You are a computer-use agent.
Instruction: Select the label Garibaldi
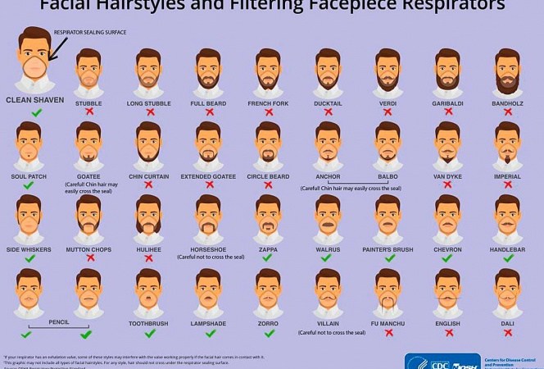(x=447, y=102)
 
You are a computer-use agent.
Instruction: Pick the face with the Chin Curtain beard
(x=148, y=144)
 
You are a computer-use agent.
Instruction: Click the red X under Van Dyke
(x=447, y=184)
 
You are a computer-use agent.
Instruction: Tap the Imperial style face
(x=507, y=144)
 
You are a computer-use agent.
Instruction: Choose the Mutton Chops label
(x=88, y=248)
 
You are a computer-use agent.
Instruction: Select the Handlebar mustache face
(x=507, y=217)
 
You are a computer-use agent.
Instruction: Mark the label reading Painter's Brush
(x=387, y=248)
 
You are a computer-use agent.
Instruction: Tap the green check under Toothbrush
(x=148, y=333)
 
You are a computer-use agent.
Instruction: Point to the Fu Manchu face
(x=387, y=291)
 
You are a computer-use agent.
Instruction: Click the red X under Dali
(x=507, y=333)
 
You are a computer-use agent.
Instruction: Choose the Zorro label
(x=268, y=323)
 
